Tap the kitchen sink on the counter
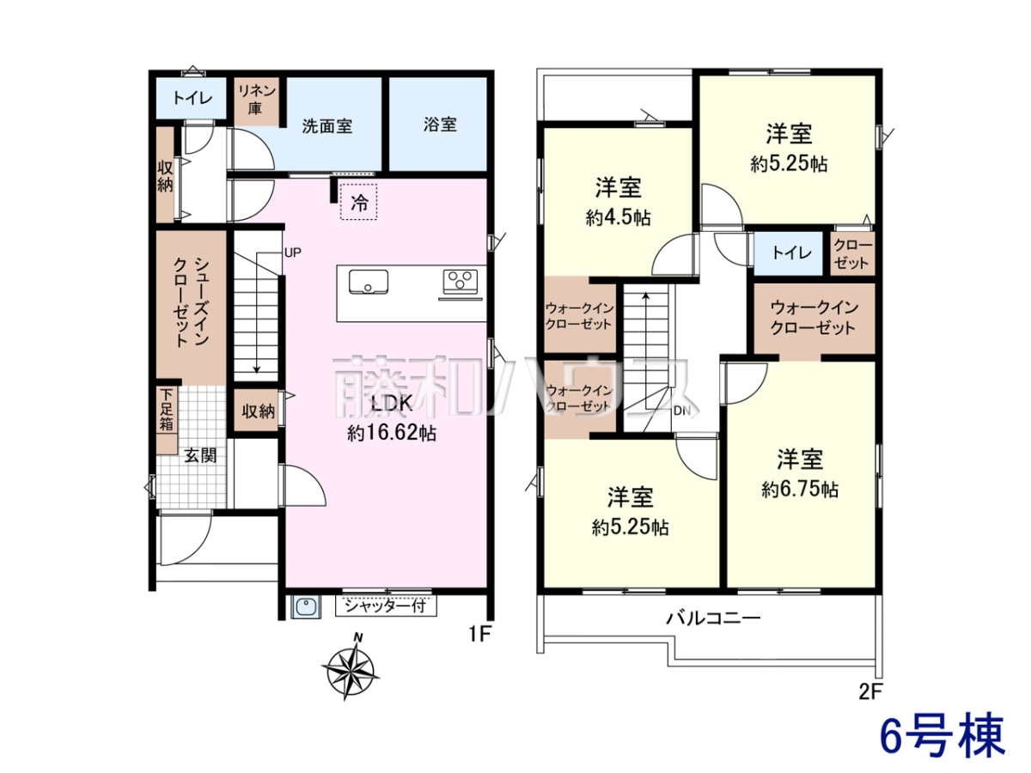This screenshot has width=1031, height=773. tap(369, 282)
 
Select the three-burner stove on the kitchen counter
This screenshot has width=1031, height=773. tap(461, 282)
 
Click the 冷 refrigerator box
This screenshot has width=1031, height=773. tap(359, 202)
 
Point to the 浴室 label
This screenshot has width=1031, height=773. tap(440, 125)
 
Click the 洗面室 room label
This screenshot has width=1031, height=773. tap(327, 126)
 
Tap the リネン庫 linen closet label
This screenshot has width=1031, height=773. tap(256, 100)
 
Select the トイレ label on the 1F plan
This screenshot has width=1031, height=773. tap(193, 98)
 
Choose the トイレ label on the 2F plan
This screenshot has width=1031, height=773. tap(792, 253)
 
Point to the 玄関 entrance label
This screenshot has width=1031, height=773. tap(200, 455)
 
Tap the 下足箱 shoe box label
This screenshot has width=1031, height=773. tap(167, 410)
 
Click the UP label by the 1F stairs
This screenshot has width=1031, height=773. tap(293, 253)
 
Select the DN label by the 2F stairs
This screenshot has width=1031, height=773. tap(682, 411)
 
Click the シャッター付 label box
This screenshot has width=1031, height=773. tap(386, 606)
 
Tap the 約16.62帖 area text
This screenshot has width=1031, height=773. tap(392, 433)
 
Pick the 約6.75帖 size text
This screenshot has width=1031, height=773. tap(800, 490)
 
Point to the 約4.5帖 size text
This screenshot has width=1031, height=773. tap(618, 218)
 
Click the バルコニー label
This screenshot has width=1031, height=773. tap(713, 618)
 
